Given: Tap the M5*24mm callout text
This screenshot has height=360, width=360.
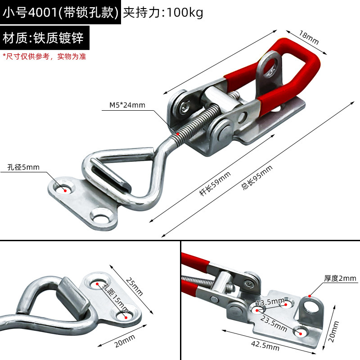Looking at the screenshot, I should click(x=127, y=105).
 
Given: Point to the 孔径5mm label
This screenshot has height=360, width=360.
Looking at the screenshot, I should click(x=23, y=167).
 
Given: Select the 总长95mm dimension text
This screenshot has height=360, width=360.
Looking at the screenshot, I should click(x=257, y=178).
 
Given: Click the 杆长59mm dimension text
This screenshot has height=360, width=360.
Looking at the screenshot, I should click(x=215, y=184).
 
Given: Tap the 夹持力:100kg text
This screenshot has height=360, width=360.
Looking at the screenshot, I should click(x=163, y=13).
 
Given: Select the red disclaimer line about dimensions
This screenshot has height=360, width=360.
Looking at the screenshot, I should click(x=44, y=57).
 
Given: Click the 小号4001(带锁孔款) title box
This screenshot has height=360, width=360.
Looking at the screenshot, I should click(x=61, y=13).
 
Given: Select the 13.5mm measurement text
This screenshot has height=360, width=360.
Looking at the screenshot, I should click(x=270, y=301).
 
